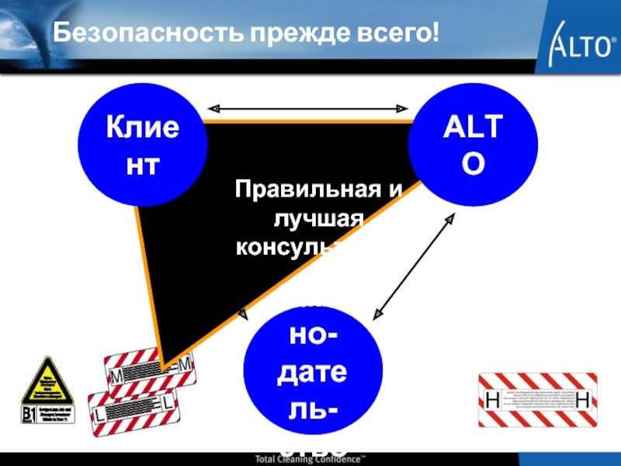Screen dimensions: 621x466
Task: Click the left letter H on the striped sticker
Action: (x=491, y=400)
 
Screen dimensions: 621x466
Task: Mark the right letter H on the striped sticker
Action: (x=585, y=400)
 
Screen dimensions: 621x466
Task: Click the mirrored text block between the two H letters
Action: (x=538, y=399)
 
